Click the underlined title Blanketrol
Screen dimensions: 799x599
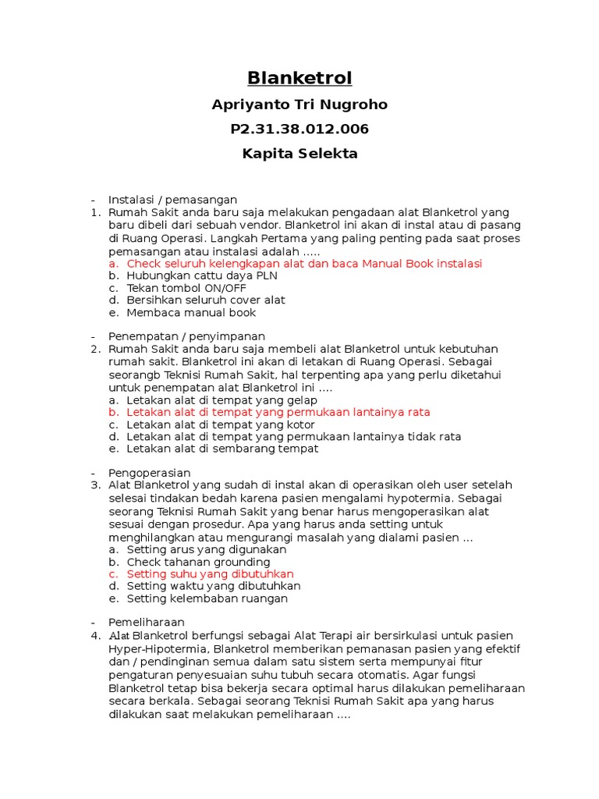(x=299, y=78)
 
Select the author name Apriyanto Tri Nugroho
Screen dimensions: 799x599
(x=299, y=105)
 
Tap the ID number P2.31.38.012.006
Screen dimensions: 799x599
(x=299, y=129)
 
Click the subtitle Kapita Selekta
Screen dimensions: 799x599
(x=299, y=154)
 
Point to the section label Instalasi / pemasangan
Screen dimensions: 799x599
(x=172, y=200)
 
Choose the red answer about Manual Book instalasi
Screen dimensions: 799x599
(x=304, y=264)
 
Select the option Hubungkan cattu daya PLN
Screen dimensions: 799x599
(x=202, y=275)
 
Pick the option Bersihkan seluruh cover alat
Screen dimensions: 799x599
(x=206, y=300)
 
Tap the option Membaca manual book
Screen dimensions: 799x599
(x=191, y=312)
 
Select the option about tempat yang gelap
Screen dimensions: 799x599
(x=222, y=399)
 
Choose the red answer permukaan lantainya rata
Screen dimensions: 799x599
(x=278, y=411)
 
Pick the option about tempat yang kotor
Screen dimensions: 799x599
(x=222, y=424)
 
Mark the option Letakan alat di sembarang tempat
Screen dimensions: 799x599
(x=222, y=449)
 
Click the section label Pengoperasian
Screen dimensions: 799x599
(x=149, y=473)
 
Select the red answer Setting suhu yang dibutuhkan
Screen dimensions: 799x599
(x=210, y=574)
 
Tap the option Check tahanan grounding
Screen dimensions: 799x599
(x=199, y=562)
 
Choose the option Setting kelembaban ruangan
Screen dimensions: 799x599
(x=207, y=598)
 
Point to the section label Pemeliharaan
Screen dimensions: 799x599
(x=147, y=622)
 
